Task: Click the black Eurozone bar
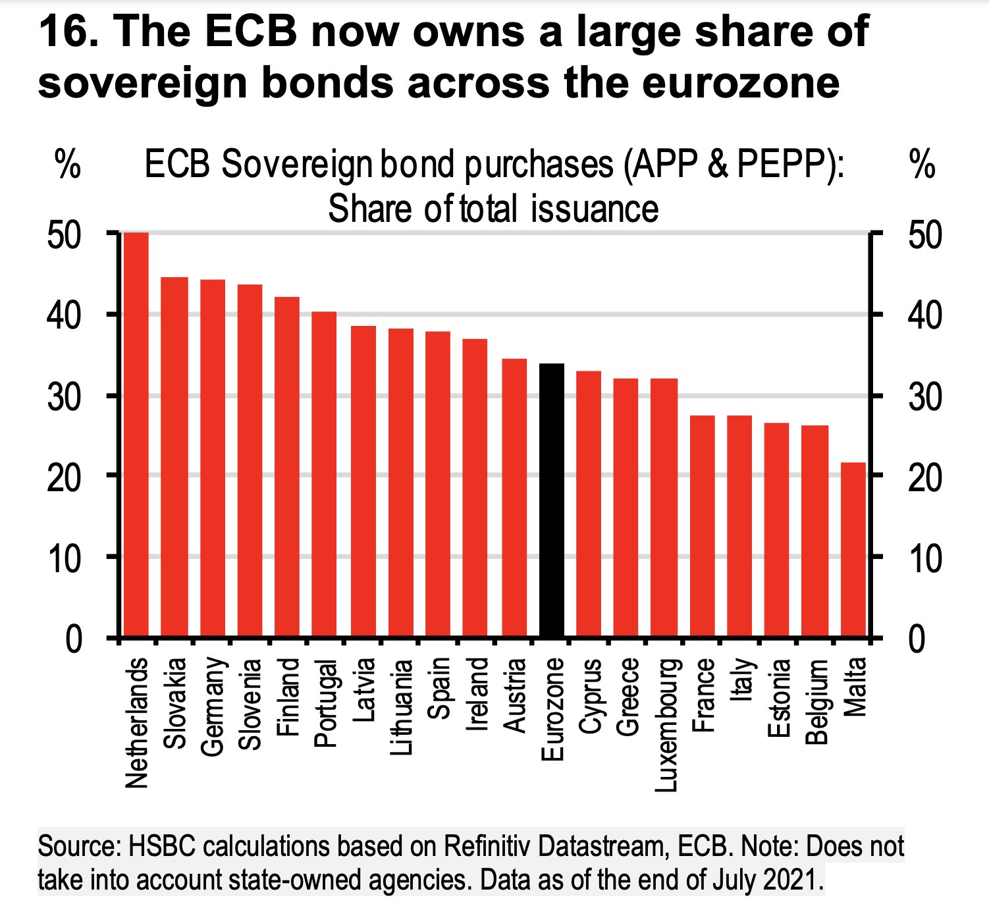point(552,500)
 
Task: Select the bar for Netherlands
point(136,435)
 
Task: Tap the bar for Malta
point(853,550)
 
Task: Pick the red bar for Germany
point(213,458)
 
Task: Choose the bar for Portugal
point(324,474)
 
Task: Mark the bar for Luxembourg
point(664,508)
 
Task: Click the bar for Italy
point(739,526)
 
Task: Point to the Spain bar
point(438,484)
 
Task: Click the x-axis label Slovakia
point(175,703)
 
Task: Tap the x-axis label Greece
point(628,697)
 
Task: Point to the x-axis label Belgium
point(816,701)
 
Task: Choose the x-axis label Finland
point(288,697)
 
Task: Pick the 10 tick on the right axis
point(924,558)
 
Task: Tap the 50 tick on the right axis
point(924,235)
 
